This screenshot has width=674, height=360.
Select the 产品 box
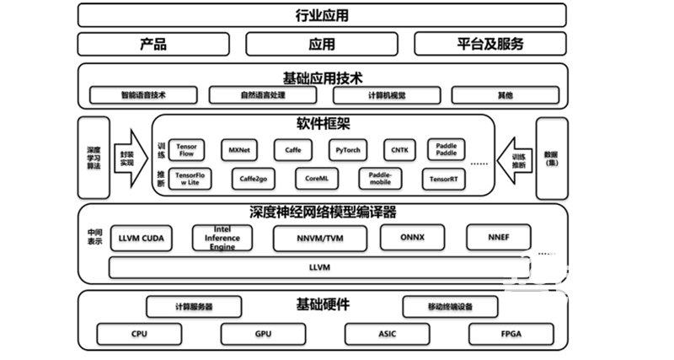pos(153,44)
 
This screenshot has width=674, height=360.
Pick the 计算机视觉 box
pos(384,95)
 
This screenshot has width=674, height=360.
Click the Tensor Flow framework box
pos(186,150)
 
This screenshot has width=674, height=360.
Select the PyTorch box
pos(347,150)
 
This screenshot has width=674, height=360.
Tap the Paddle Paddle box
pos(446,150)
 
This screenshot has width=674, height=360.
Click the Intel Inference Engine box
pos(222,238)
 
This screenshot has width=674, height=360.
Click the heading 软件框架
pos(324,125)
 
